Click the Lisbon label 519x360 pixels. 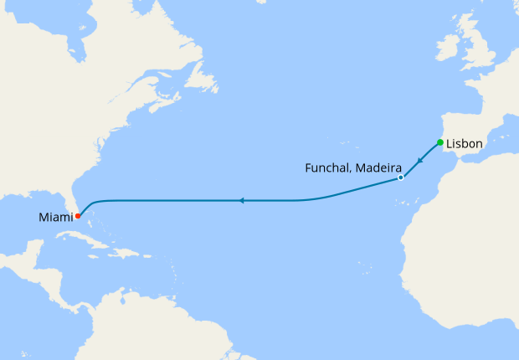[465, 144]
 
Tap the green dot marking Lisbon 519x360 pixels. [440, 142]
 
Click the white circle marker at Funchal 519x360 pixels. [401, 177]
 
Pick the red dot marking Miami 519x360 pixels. [78, 215]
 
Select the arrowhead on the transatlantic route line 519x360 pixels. [241, 201]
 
